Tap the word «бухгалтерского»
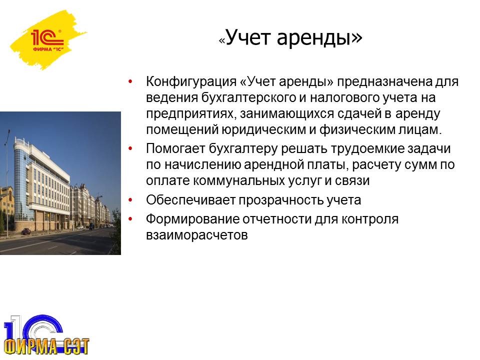(248, 97)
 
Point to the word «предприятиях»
(190, 114)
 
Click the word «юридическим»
(263, 130)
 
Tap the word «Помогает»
(175, 149)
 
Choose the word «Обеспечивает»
(190, 200)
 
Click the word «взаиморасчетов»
(197, 235)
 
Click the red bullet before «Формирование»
(130, 219)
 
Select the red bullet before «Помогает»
(130, 149)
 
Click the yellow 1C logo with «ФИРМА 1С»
(48, 40)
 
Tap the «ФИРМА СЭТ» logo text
(47, 346)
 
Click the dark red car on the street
(26, 231)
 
